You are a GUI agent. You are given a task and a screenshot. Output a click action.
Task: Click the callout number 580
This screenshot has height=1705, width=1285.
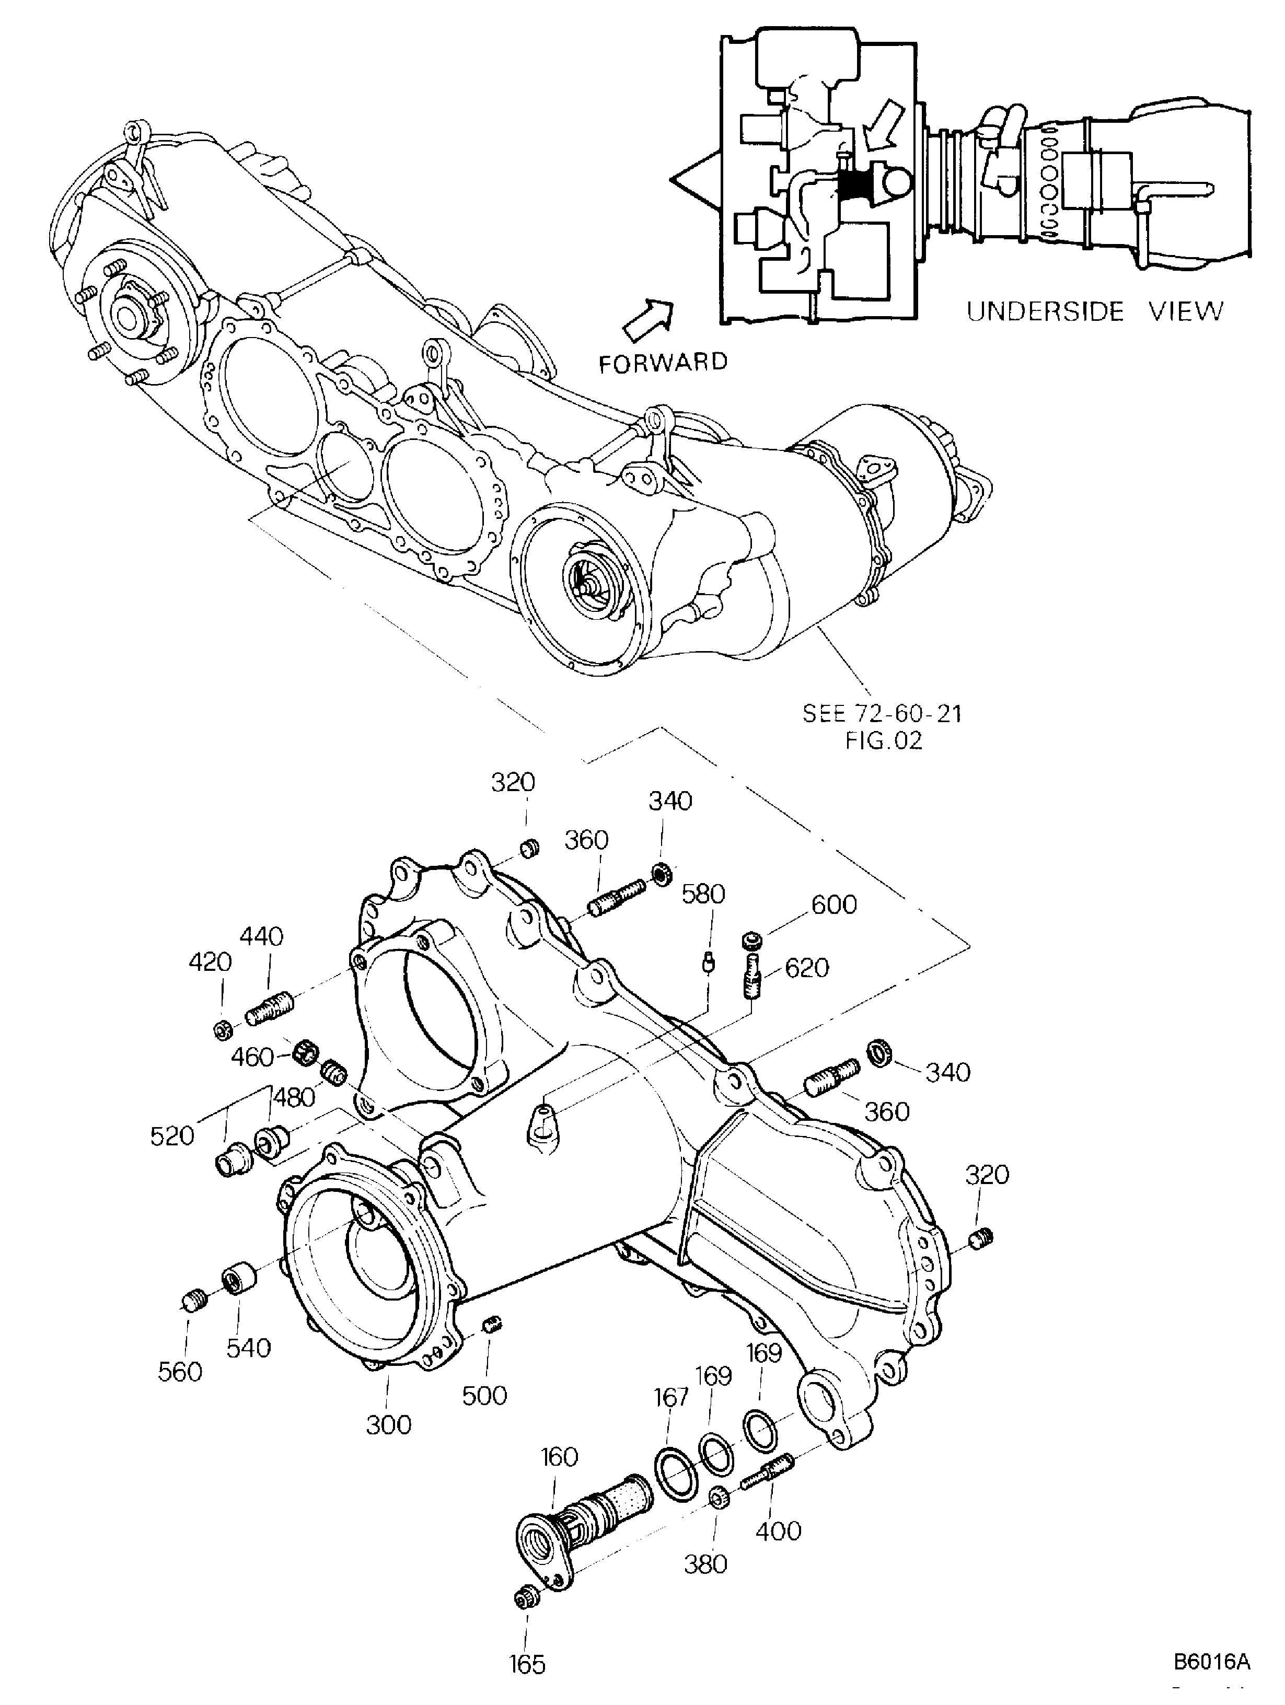click(x=704, y=894)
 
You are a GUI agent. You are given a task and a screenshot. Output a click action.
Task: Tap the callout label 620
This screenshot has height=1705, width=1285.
click(x=806, y=968)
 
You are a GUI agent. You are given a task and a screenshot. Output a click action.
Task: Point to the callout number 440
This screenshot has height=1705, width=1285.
click(x=261, y=936)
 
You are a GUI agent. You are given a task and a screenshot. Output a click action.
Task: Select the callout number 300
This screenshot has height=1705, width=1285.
click(x=388, y=1424)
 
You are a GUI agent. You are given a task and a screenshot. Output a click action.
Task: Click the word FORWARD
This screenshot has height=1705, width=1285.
click(x=663, y=362)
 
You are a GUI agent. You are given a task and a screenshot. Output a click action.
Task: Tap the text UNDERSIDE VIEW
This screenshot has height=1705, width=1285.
click(x=1095, y=311)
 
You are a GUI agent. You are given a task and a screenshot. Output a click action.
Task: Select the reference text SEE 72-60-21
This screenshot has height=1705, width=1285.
click(x=883, y=713)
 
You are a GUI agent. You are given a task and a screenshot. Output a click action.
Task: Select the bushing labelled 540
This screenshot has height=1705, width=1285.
click(x=240, y=1280)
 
